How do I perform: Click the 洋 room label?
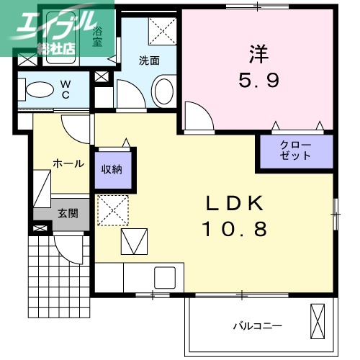(x=258, y=53)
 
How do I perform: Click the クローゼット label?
(x=295, y=150)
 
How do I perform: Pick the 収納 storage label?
(x=112, y=170)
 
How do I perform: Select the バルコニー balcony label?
(x=257, y=325)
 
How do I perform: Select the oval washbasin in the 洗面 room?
(x=163, y=92)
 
